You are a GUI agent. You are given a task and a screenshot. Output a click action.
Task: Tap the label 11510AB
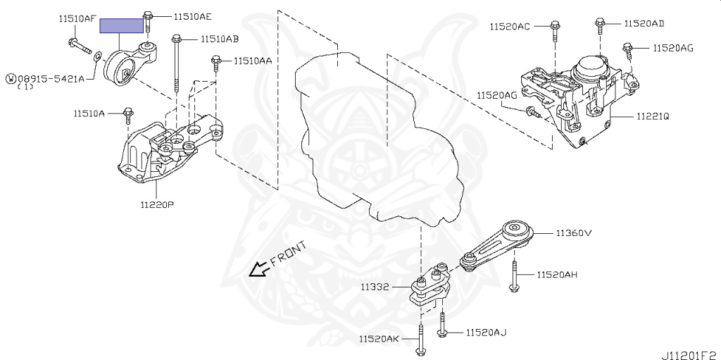[x=219, y=39]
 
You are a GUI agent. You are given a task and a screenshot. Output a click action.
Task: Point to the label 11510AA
[x=253, y=61]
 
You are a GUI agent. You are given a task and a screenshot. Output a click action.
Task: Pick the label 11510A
[x=89, y=113]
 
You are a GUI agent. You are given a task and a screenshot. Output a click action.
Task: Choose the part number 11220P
[x=156, y=204]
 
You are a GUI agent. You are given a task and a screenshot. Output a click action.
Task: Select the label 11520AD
[x=644, y=23]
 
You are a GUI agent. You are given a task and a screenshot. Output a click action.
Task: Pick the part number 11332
[x=377, y=287]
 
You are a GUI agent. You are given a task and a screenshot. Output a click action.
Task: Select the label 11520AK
[x=378, y=339]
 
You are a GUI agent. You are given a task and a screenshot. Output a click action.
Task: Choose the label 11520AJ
[x=485, y=332]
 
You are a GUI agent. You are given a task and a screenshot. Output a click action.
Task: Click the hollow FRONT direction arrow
[x=258, y=268]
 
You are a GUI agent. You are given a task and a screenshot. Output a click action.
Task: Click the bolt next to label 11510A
[x=127, y=114]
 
